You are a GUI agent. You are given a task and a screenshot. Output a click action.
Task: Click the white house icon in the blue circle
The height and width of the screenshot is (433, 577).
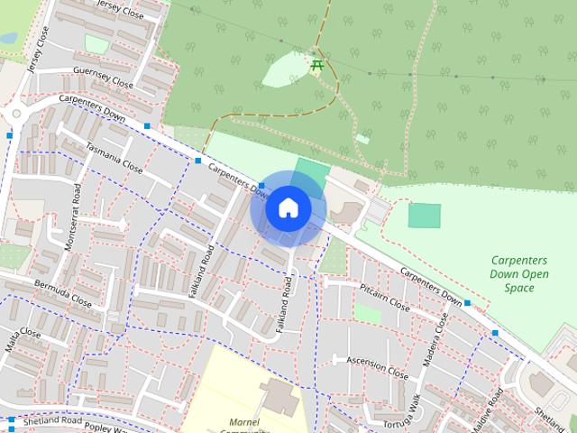coord(288,207)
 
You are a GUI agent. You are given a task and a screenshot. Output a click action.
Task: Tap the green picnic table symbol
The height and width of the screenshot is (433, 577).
coord(316,65)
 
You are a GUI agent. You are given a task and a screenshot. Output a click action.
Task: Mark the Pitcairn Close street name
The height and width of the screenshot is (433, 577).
coord(384,296)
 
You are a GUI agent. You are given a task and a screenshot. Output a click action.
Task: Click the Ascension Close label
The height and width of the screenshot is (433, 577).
coord(378,364)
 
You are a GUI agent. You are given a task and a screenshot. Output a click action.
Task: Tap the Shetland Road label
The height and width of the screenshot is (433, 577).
coord(53,420)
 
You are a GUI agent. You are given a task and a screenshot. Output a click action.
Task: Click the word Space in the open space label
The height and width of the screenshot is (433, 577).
coord(519,288)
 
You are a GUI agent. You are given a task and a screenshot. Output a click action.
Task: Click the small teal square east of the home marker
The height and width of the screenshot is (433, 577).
coord(425,216)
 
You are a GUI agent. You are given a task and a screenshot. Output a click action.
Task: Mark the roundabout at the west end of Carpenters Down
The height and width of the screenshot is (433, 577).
coord(15,115)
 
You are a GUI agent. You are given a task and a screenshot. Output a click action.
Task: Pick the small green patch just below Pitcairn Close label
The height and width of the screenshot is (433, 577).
coord(367,313)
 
